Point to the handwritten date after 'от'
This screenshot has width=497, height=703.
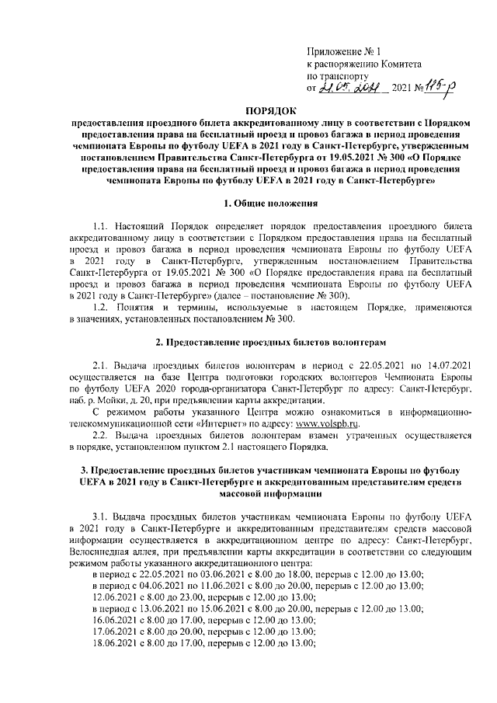coord(354,90)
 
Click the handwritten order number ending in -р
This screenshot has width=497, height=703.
coord(442,89)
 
